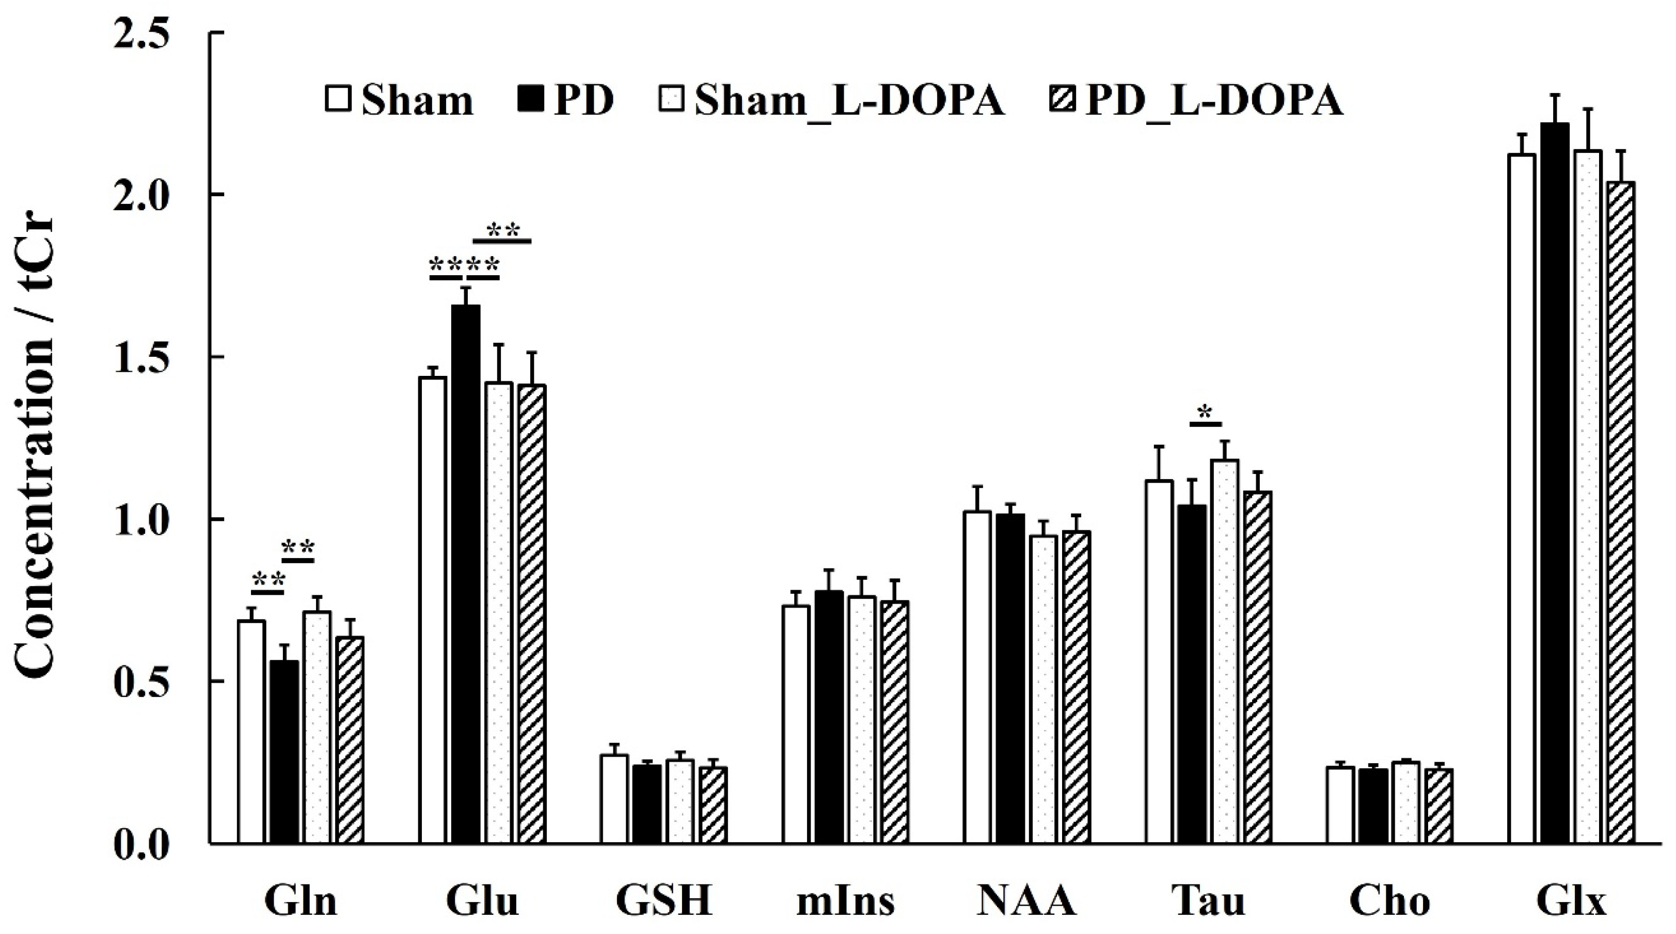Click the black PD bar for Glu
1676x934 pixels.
tap(466, 575)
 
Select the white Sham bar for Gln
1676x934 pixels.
tap(251, 732)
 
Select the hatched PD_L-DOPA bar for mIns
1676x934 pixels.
tap(895, 722)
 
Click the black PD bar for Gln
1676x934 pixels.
tap(284, 752)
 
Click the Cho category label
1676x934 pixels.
tap(1390, 901)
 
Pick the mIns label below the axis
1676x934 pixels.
tap(846, 901)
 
